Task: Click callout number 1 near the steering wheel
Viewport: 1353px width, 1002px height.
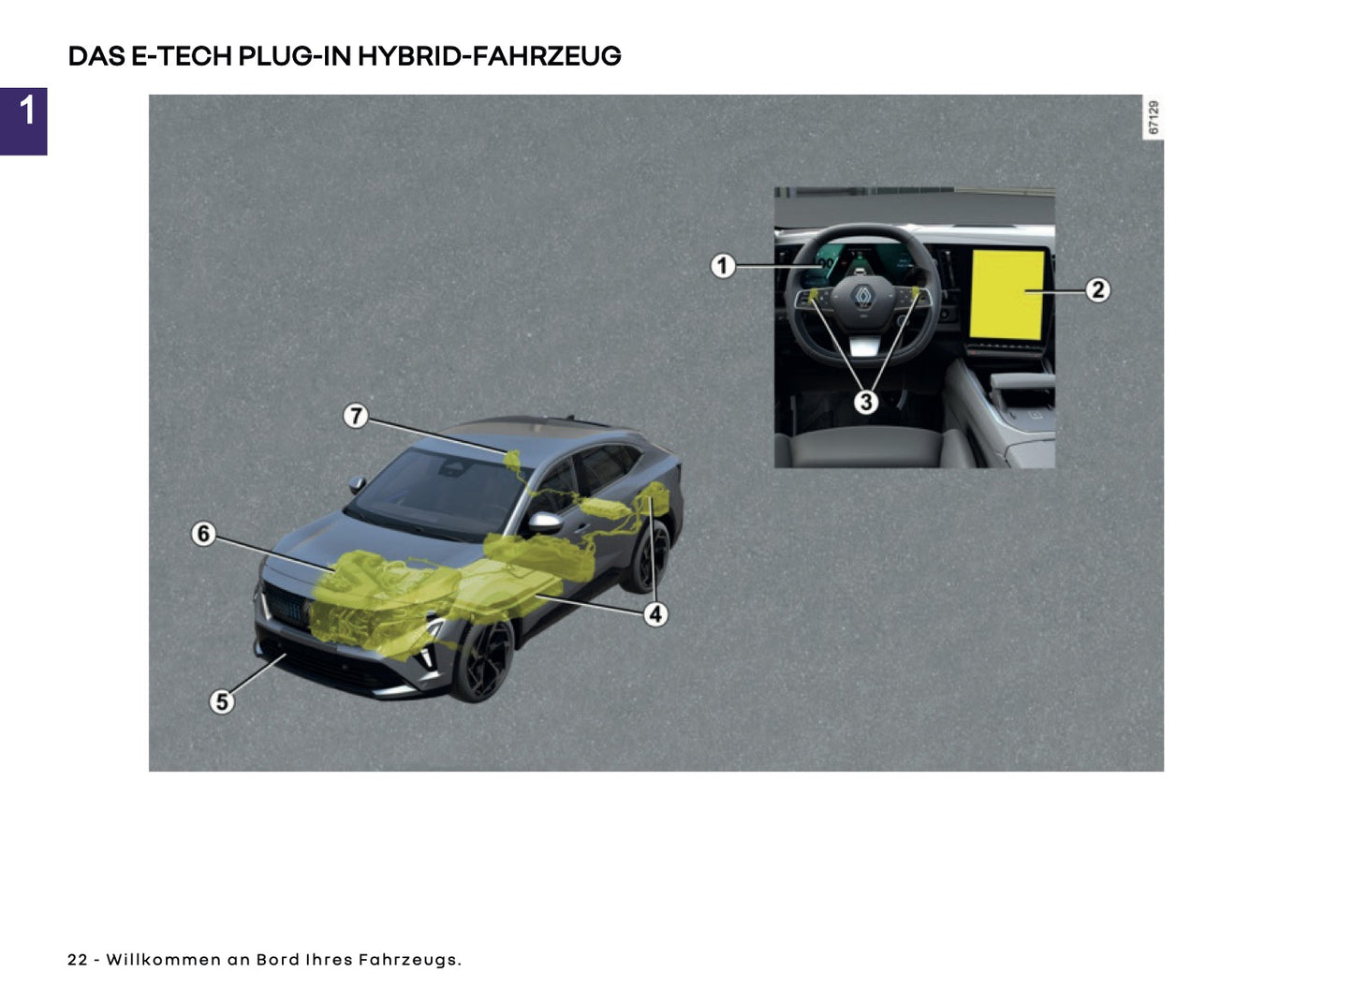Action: pos(722,266)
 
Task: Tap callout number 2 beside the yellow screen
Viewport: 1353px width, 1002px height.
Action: pos(1097,290)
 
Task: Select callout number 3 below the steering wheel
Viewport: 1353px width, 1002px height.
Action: pos(866,402)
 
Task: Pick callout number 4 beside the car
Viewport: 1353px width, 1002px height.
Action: pos(655,614)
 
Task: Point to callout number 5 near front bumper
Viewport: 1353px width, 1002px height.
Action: pos(222,701)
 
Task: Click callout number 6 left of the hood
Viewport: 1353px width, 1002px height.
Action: pos(203,534)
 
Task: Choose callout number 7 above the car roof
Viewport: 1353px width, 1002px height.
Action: pos(356,416)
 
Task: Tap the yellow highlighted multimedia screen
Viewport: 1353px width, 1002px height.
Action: pos(1007,295)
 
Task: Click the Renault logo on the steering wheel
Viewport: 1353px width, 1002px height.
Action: pos(862,297)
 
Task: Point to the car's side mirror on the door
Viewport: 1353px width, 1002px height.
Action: pos(544,522)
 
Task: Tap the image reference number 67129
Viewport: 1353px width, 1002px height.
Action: pos(1154,118)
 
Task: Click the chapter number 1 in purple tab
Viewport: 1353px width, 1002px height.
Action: pos(26,112)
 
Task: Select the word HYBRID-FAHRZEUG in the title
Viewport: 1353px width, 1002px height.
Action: pos(489,56)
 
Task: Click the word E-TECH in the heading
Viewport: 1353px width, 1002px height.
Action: pos(182,56)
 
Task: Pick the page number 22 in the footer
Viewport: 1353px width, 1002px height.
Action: pos(77,960)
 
